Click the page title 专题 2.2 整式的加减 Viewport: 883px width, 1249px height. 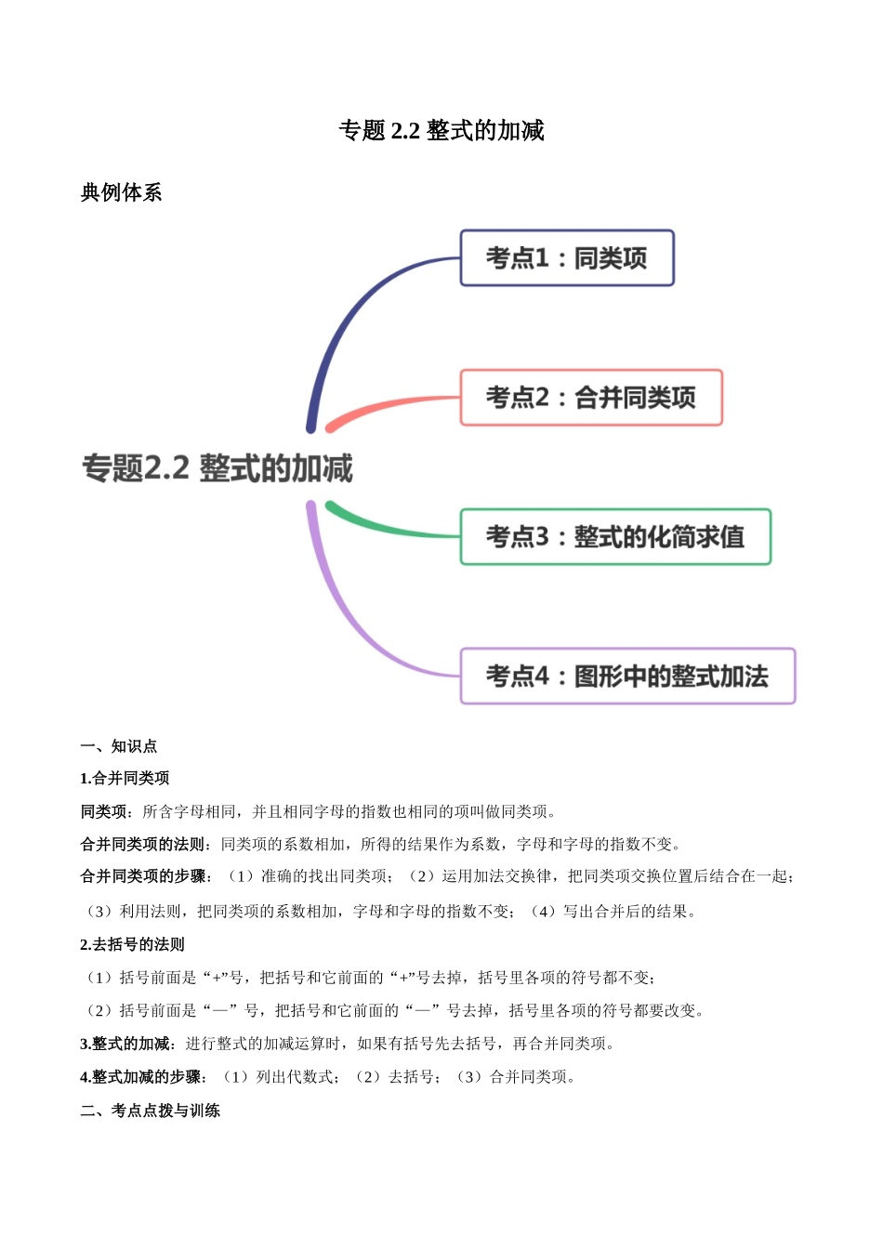pos(441,131)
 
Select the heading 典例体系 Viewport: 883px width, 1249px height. pos(121,192)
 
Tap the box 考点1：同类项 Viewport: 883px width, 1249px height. pos(567,258)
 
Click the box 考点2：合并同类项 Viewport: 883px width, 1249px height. pos(591,398)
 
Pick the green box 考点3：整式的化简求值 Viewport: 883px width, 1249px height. pos(615,537)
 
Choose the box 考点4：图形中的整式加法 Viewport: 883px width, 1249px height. pos(627,677)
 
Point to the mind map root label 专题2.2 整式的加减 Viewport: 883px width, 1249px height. pos(217,468)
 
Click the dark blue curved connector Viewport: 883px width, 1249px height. pos(349,316)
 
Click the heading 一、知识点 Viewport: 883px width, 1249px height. pos(119,746)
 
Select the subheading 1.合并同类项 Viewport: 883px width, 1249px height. pos(125,779)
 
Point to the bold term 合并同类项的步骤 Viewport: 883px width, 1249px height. pos(143,876)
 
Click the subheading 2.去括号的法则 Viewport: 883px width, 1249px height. pos(132,945)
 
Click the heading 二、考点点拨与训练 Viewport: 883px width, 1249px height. pos(151,1111)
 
